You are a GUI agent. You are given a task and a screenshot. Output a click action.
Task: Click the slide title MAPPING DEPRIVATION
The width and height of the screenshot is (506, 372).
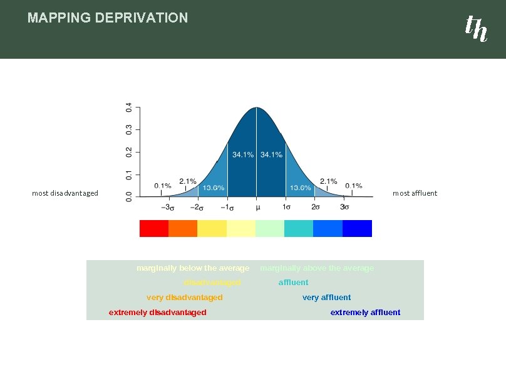(107, 18)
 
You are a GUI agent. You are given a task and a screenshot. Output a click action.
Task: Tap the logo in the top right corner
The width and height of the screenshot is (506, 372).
(475, 28)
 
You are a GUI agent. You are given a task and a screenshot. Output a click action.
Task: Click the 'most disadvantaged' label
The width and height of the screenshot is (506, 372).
(65, 193)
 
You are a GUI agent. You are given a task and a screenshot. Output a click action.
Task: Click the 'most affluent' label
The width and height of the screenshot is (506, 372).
(415, 193)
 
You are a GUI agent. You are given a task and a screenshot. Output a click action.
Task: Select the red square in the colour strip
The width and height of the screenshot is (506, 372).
(153, 228)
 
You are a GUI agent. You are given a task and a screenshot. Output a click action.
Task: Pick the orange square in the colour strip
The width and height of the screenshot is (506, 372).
(183, 228)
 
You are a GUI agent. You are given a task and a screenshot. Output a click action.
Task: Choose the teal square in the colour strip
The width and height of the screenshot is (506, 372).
(299, 228)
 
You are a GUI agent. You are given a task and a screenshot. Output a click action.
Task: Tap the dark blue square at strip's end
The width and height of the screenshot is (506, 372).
(357, 228)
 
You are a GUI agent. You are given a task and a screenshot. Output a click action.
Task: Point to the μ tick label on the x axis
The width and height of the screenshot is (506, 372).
(257, 207)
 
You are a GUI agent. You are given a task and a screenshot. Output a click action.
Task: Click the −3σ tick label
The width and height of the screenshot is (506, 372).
(167, 207)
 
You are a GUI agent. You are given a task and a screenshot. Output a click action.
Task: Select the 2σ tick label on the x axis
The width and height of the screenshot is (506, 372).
(316, 207)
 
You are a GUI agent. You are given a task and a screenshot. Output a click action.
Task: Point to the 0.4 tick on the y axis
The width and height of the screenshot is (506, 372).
(128, 108)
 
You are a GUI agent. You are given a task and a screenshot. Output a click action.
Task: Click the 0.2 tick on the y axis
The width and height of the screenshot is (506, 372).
(128, 151)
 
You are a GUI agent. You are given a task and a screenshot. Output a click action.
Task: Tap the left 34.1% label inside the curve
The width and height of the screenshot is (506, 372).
(243, 154)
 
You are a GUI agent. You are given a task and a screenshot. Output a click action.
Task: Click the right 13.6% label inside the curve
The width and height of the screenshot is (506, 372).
(301, 188)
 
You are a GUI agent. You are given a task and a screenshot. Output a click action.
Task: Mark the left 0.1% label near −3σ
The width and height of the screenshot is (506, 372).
(163, 186)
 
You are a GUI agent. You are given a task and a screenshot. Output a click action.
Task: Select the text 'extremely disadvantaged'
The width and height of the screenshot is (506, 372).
(157, 313)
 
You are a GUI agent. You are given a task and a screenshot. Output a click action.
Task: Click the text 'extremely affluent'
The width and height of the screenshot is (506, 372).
(365, 313)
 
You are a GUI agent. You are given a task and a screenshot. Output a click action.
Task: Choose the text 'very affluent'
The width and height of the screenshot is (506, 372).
(326, 298)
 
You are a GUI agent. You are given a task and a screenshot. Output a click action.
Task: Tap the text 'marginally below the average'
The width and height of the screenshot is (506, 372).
(193, 268)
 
